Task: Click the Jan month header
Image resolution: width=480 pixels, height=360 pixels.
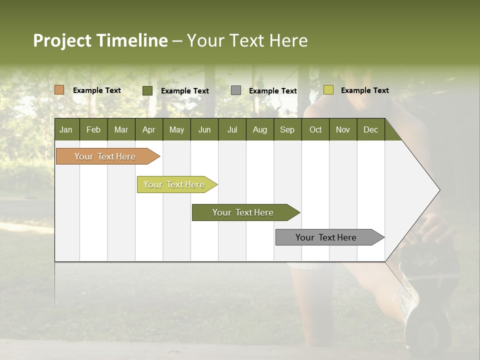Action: pyautogui.click(x=66, y=129)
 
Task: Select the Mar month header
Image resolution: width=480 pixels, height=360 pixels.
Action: pyautogui.click(x=121, y=129)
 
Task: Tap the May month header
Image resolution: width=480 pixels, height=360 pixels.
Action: pyautogui.click(x=176, y=129)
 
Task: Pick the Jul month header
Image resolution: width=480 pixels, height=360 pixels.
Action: pyautogui.click(x=232, y=129)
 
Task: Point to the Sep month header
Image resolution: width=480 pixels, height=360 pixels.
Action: pyautogui.click(x=287, y=129)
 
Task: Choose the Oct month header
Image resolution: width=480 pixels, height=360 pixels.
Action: pyautogui.click(x=315, y=129)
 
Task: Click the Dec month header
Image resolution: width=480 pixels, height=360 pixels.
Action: pyautogui.click(x=370, y=129)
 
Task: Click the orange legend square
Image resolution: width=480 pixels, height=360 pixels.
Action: pyautogui.click(x=59, y=90)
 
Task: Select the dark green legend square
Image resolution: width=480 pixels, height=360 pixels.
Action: pyautogui.click(x=147, y=90)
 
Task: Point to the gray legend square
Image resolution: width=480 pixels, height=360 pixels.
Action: pyautogui.click(x=236, y=90)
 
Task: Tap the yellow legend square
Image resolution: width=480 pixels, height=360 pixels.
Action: pyautogui.click(x=328, y=90)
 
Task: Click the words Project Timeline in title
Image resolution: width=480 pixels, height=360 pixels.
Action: pyautogui.click(x=100, y=40)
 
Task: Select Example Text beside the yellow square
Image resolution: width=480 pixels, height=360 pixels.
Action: pyautogui.click(x=364, y=90)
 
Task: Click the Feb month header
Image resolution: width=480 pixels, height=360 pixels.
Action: pyautogui.click(x=93, y=129)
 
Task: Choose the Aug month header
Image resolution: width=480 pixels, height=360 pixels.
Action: pyautogui.click(x=259, y=129)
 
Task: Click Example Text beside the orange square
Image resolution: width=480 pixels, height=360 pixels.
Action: pyautogui.click(x=96, y=90)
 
